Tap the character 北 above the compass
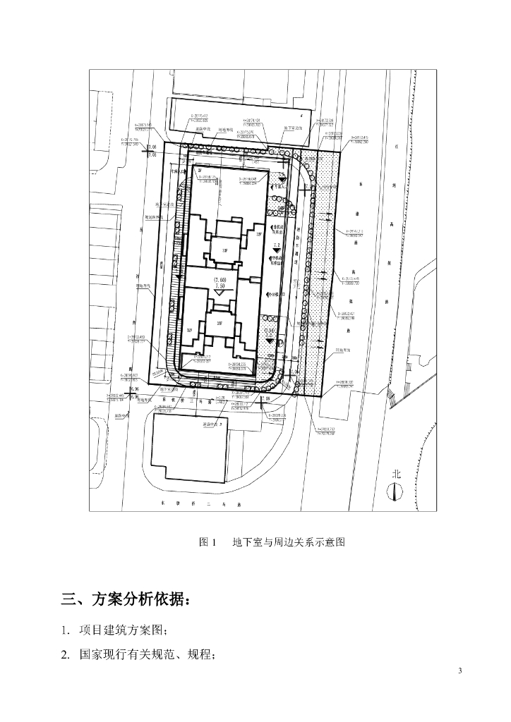[x=397, y=475]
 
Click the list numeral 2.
[x=64, y=656]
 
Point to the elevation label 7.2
[x=278, y=246]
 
